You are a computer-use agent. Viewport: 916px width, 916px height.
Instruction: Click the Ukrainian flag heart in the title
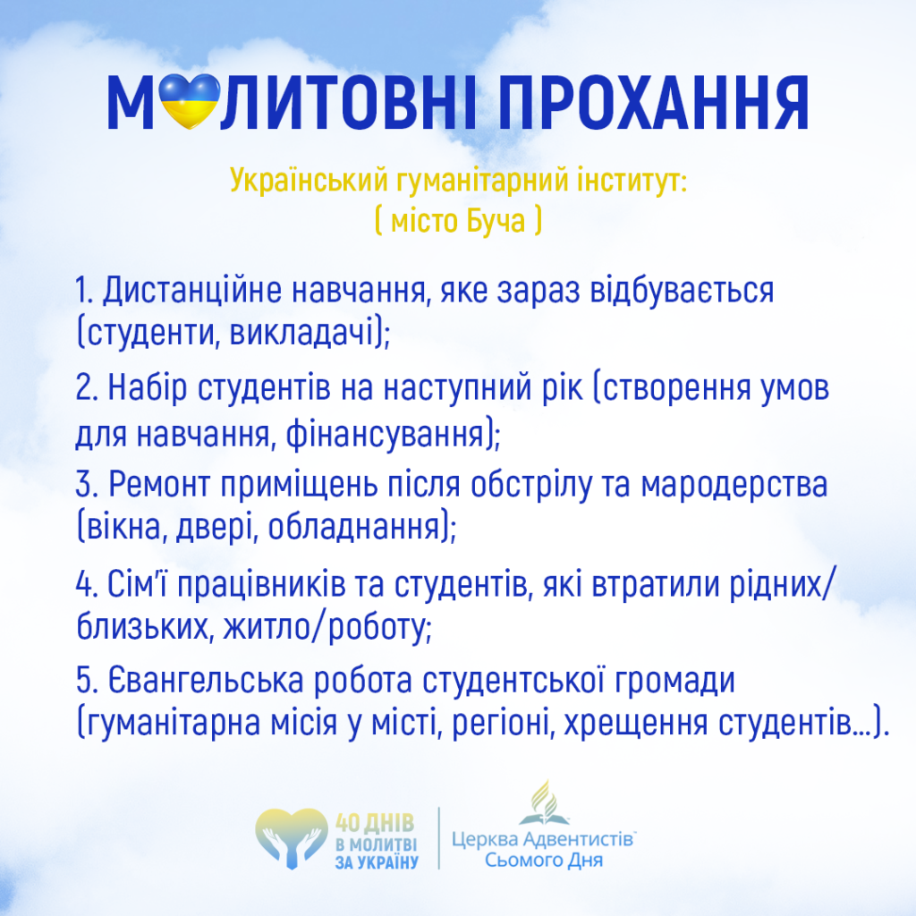click(x=190, y=101)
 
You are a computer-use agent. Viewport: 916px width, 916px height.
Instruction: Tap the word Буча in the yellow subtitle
click(x=496, y=221)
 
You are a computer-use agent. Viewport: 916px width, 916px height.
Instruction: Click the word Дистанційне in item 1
click(x=192, y=291)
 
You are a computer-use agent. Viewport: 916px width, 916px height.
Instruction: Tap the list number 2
click(x=86, y=387)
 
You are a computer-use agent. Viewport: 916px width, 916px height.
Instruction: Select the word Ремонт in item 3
click(x=159, y=485)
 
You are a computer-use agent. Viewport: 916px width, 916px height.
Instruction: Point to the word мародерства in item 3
click(x=734, y=486)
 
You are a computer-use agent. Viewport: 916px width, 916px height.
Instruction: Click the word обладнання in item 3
click(x=353, y=527)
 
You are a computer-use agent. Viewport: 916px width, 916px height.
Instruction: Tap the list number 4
click(x=86, y=584)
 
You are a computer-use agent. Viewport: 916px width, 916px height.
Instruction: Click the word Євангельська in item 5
click(x=206, y=681)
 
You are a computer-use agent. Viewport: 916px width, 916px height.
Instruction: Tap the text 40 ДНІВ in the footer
click(x=375, y=824)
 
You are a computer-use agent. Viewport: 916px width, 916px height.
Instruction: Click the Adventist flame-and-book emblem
click(x=543, y=802)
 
